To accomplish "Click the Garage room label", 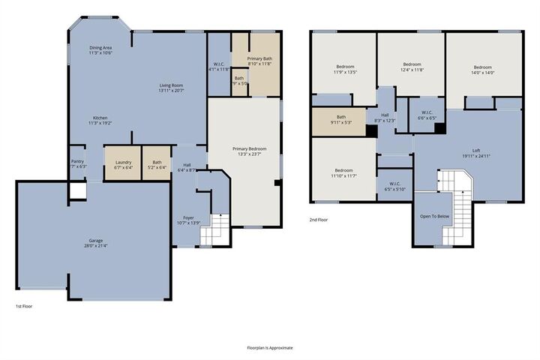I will coord(93,243).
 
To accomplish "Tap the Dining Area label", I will coord(100,50).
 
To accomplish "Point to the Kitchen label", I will coord(100,120).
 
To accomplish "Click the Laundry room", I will coord(123,164).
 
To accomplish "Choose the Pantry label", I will coord(77,163).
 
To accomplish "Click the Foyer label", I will coord(188,220).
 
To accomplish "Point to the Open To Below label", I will coord(435,216).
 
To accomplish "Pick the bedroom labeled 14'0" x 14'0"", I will coord(482,70).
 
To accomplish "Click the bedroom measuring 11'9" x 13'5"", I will coord(346,70).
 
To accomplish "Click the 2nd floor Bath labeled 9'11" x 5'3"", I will coord(341,119).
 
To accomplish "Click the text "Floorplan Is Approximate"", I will coord(270,348).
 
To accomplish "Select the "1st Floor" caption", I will coord(24,306).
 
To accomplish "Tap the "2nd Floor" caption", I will coord(319,220).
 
